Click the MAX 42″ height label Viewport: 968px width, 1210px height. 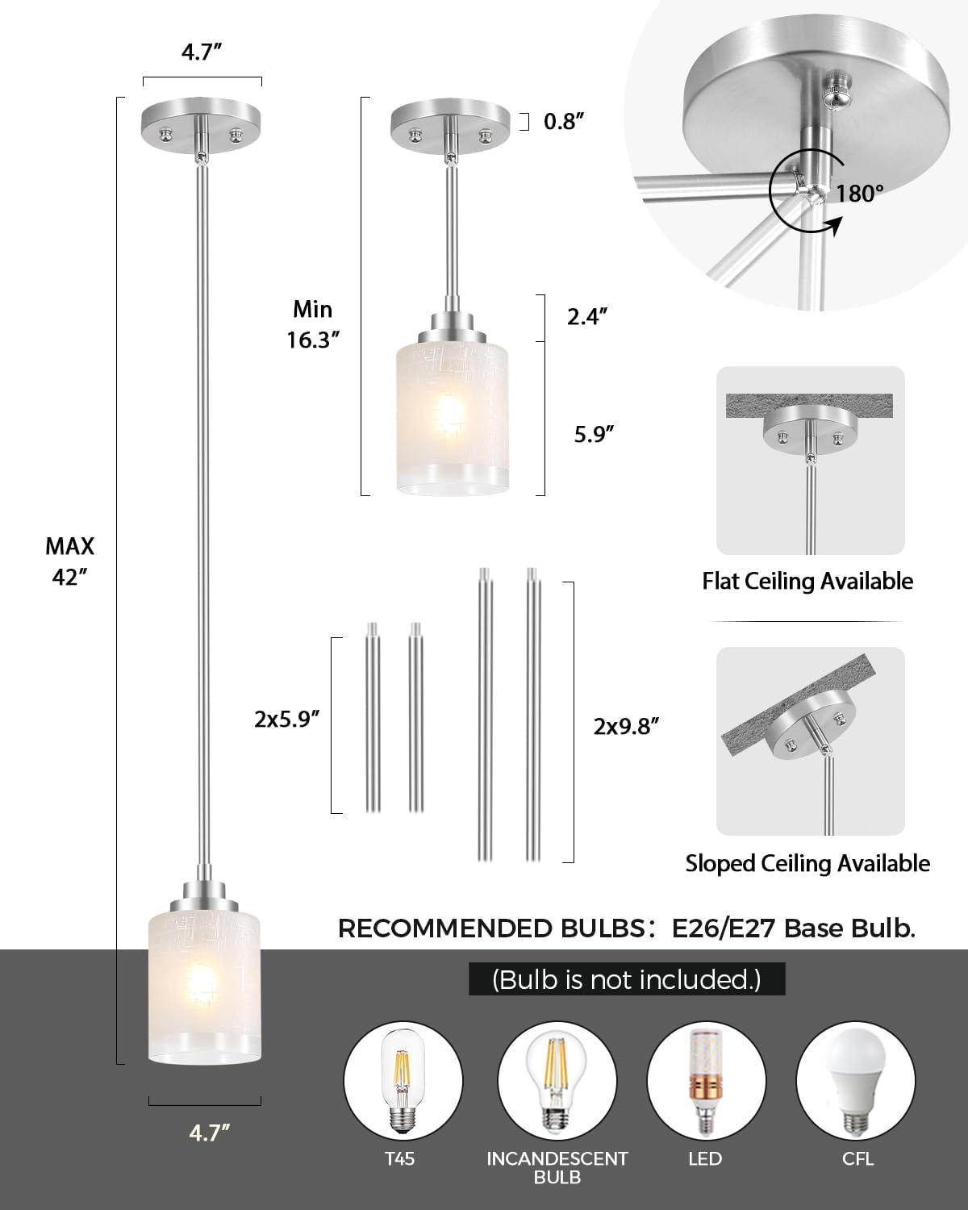tap(69, 561)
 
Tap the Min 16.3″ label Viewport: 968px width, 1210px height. tap(312, 324)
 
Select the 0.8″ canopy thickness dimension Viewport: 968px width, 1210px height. tap(563, 122)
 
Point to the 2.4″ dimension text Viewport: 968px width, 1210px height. tap(586, 316)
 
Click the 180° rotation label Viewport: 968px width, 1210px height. tap(859, 194)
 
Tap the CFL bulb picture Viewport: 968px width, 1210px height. tap(855, 1079)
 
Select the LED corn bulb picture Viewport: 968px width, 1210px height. tap(706, 1079)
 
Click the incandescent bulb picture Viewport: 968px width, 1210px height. tap(557, 1079)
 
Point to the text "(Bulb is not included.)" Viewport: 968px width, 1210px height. tap(627, 979)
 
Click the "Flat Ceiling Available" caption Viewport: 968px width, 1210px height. tap(807, 581)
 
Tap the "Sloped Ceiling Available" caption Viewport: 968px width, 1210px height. tap(807, 863)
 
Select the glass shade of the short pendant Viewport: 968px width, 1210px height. tap(453, 419)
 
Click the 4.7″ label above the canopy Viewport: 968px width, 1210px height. tap(202, 53)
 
